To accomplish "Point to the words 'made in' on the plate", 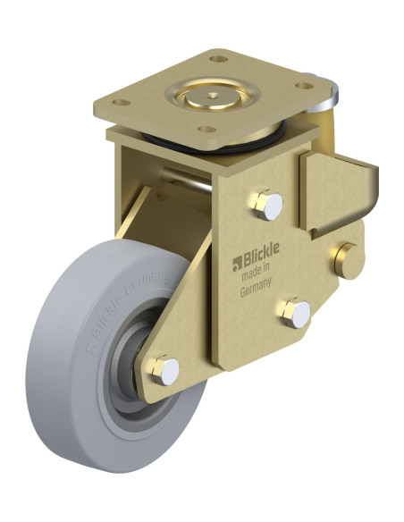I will point(259,277).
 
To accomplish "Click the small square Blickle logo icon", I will point(238,262).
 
